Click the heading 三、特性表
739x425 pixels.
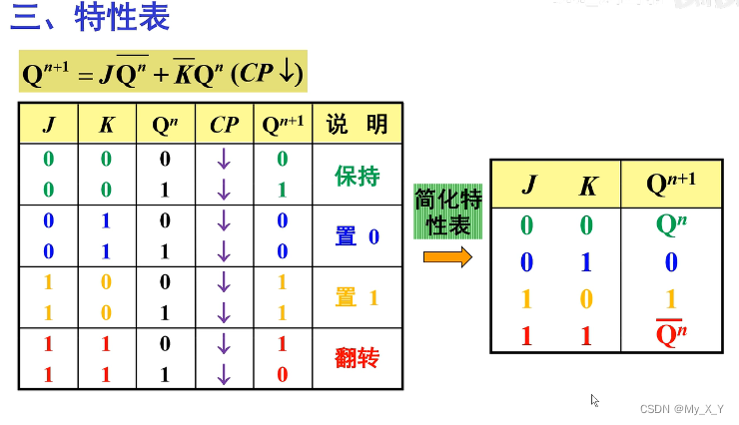[91, 18]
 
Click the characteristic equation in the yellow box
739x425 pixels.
[163, 73]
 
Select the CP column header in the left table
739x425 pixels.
[225, 124]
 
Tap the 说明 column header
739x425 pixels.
[357, 124]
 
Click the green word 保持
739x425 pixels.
[357, 177]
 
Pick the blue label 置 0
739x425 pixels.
[357, 236]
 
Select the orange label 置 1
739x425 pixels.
[357, 296]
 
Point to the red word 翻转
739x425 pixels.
[357, 357]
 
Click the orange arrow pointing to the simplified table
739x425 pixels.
[446, 257]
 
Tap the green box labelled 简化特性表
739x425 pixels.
[447, 212]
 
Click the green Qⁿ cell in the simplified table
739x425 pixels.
[671, 224]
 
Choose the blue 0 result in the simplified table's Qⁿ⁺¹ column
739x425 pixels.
[671, 262]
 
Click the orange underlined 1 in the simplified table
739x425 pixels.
[671, 298]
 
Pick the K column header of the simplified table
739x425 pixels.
[588, 185]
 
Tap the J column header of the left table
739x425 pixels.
[49, 124]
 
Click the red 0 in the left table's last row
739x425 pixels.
[282, 374]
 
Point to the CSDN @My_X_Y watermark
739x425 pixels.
[682, 409]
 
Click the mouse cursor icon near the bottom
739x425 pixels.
[595, 400]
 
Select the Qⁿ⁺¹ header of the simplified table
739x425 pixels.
[671, 184]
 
